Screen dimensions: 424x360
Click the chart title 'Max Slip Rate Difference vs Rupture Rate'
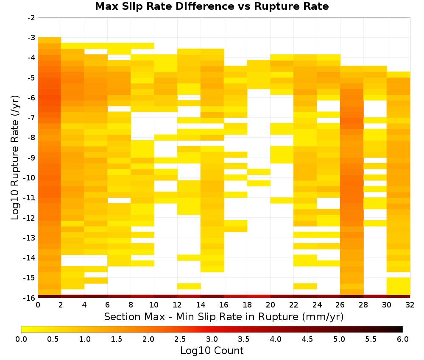212,6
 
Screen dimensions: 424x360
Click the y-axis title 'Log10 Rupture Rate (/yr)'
15,158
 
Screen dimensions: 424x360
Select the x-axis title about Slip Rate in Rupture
223,316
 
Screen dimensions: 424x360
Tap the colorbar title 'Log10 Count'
212,351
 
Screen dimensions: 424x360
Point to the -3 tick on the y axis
31,38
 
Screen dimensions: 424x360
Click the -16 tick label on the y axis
30,298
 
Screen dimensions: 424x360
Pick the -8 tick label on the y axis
31,138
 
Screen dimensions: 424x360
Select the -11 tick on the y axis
30,198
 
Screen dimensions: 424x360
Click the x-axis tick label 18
247,305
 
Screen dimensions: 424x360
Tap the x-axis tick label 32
410,305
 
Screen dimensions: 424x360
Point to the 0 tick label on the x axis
38,305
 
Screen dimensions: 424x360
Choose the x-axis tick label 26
340,305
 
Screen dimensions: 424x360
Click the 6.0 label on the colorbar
403,339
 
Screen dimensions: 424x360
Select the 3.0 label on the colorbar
212,339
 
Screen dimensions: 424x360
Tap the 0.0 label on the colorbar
21,339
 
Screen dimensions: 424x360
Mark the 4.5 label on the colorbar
307,339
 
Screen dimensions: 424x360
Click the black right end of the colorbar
401,329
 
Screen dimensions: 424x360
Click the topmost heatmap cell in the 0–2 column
50,40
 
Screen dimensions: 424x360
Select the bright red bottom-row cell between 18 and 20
259,296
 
